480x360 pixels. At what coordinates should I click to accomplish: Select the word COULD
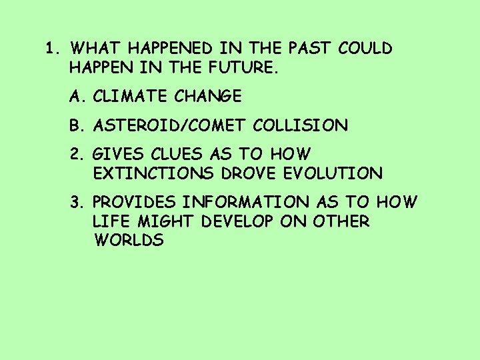(x=365, y=49)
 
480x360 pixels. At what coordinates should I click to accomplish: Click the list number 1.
(x=51, y=49)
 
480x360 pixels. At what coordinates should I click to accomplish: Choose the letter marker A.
(x=76, y=97)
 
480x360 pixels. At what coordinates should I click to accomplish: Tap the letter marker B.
(x=76, y=125)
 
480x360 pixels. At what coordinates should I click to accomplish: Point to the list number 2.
(x=76, y=154)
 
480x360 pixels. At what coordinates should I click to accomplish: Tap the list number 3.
(x=76, y=202)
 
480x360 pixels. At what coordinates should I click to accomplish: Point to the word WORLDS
(x=129, y=241)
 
